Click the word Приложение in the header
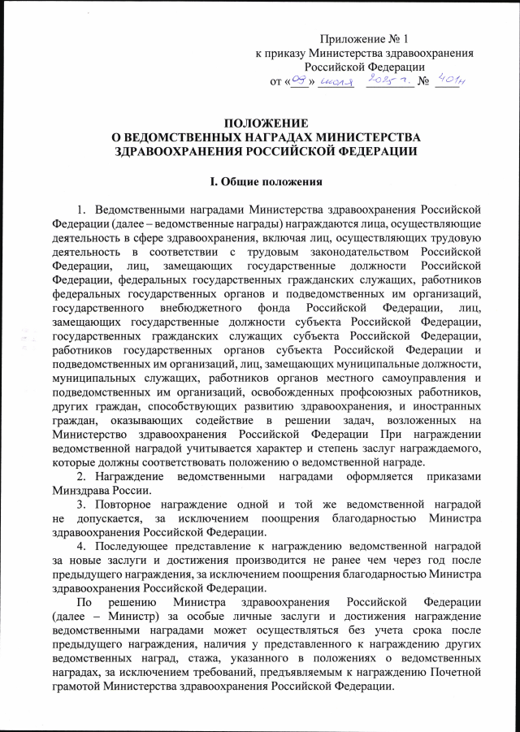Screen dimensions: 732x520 tap(355, 38)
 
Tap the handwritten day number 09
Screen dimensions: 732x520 tap(301, 80)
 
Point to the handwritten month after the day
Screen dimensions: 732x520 tap(335, 81)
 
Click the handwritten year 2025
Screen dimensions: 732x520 tap(385, 80)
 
